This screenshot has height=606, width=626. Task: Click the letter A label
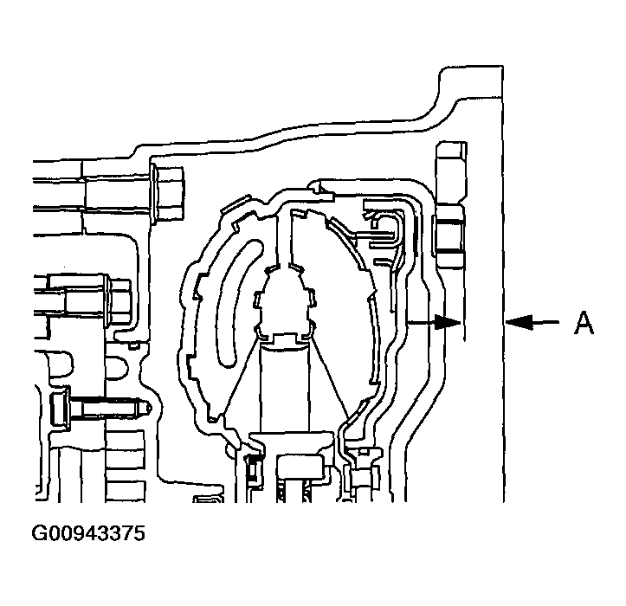pyautogui.click(x=584, y=324)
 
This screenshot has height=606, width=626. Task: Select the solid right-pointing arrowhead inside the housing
pyautogui.click(x=448, y=323)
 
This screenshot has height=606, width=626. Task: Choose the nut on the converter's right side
pyautogui.click(x=449, y=234)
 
